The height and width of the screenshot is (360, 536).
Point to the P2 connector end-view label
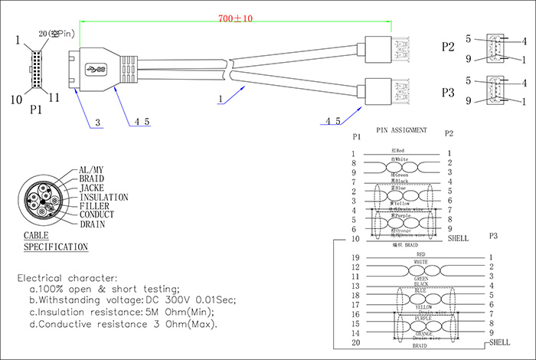448,47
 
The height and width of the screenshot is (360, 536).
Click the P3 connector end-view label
448,93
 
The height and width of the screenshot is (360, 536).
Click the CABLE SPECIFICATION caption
54,242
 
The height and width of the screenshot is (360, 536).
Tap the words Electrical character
67,277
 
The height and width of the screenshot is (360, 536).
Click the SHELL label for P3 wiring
501,342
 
